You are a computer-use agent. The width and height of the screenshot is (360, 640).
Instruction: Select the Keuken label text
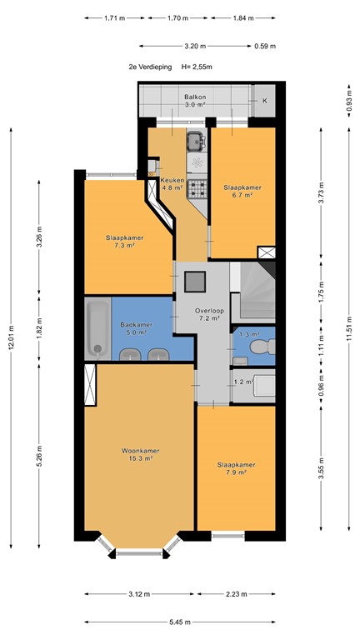172,180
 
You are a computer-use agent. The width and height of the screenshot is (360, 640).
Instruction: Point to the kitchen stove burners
198,189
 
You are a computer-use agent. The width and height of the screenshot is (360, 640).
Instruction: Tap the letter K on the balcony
265,101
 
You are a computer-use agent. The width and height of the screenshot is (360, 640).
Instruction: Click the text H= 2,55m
197,67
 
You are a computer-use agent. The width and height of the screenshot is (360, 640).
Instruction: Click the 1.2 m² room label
242,382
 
